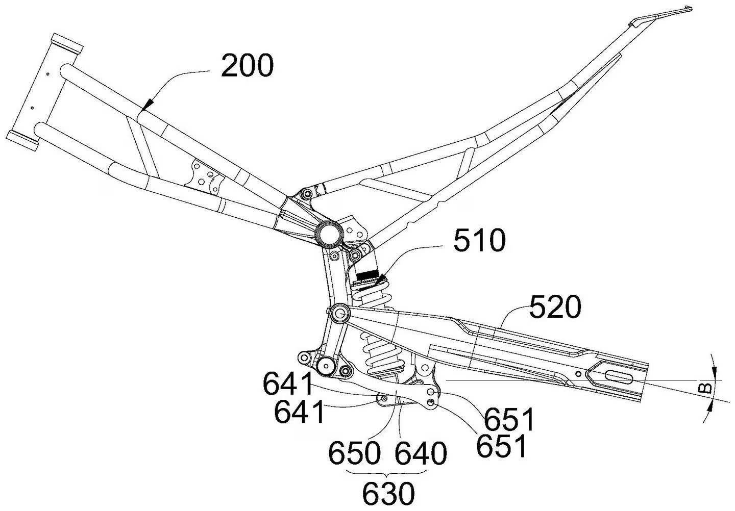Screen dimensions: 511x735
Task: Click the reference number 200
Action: pyautogui.click(x=247, y=66)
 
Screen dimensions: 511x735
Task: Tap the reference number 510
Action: pyautogui.click(x=480, y=241)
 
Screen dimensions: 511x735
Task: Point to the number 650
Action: pyautogui.click(x=355, y=452)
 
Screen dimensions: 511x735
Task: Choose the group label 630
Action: pyautogui.click(x=388, y=493)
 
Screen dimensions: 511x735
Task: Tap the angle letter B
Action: pyautogui.click(x=704, y=388)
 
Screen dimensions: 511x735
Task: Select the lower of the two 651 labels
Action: pyautogui.click(x=501, y=445)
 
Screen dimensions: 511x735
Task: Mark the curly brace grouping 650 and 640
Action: pyautogui.click(x=388, y=473)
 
